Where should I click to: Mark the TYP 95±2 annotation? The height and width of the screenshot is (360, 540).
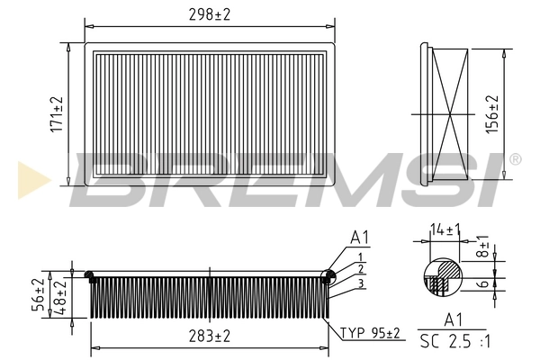click(370, 333)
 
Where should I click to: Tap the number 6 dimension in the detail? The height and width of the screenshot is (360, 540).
click(483, 283)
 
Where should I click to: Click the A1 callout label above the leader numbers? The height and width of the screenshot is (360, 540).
click(359, 238)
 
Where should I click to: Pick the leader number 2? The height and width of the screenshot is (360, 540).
click(360, 268)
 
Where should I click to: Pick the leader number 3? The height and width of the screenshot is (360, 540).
click(360, 283)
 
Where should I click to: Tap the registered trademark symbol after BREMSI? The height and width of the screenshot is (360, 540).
click(514, 159)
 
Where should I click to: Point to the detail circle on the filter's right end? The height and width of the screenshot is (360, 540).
click(328, 278)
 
